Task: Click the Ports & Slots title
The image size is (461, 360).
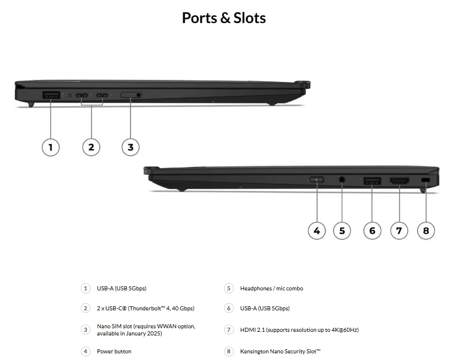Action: click(x=224, y=18)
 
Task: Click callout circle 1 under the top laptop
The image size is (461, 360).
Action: click(x=50, y=147)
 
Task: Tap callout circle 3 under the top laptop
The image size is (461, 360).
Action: click(x=130, y=147)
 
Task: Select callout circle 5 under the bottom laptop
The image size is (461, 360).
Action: click(x=342, y=230)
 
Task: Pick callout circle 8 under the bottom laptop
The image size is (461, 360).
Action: click(x=426, y=230)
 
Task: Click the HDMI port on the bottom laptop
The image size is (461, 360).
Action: click(x=399, y=181)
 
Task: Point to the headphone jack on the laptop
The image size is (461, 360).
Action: click(x=342, y=180)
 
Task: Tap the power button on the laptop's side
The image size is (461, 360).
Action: click(x=317, y=180)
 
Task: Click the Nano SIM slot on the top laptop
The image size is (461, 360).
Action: click(x=131, y=95)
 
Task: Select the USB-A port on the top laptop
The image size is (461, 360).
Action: click(x=51, y=95)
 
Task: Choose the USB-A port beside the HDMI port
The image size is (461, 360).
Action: click(x=372, y=181)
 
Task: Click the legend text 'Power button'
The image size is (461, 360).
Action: click(x=114, y=351)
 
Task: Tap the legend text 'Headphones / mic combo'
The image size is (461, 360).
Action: click(x=271, y=288)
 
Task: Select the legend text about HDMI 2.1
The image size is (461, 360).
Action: click(x=299, y=330)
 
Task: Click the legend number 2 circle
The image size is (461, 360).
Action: click(x=85, y=308)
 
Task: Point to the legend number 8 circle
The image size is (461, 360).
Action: click(x=229, y=351)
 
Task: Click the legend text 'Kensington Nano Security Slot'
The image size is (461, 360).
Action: click(x=280, y=351)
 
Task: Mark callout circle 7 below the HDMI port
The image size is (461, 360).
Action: click(x=399, y=230)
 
